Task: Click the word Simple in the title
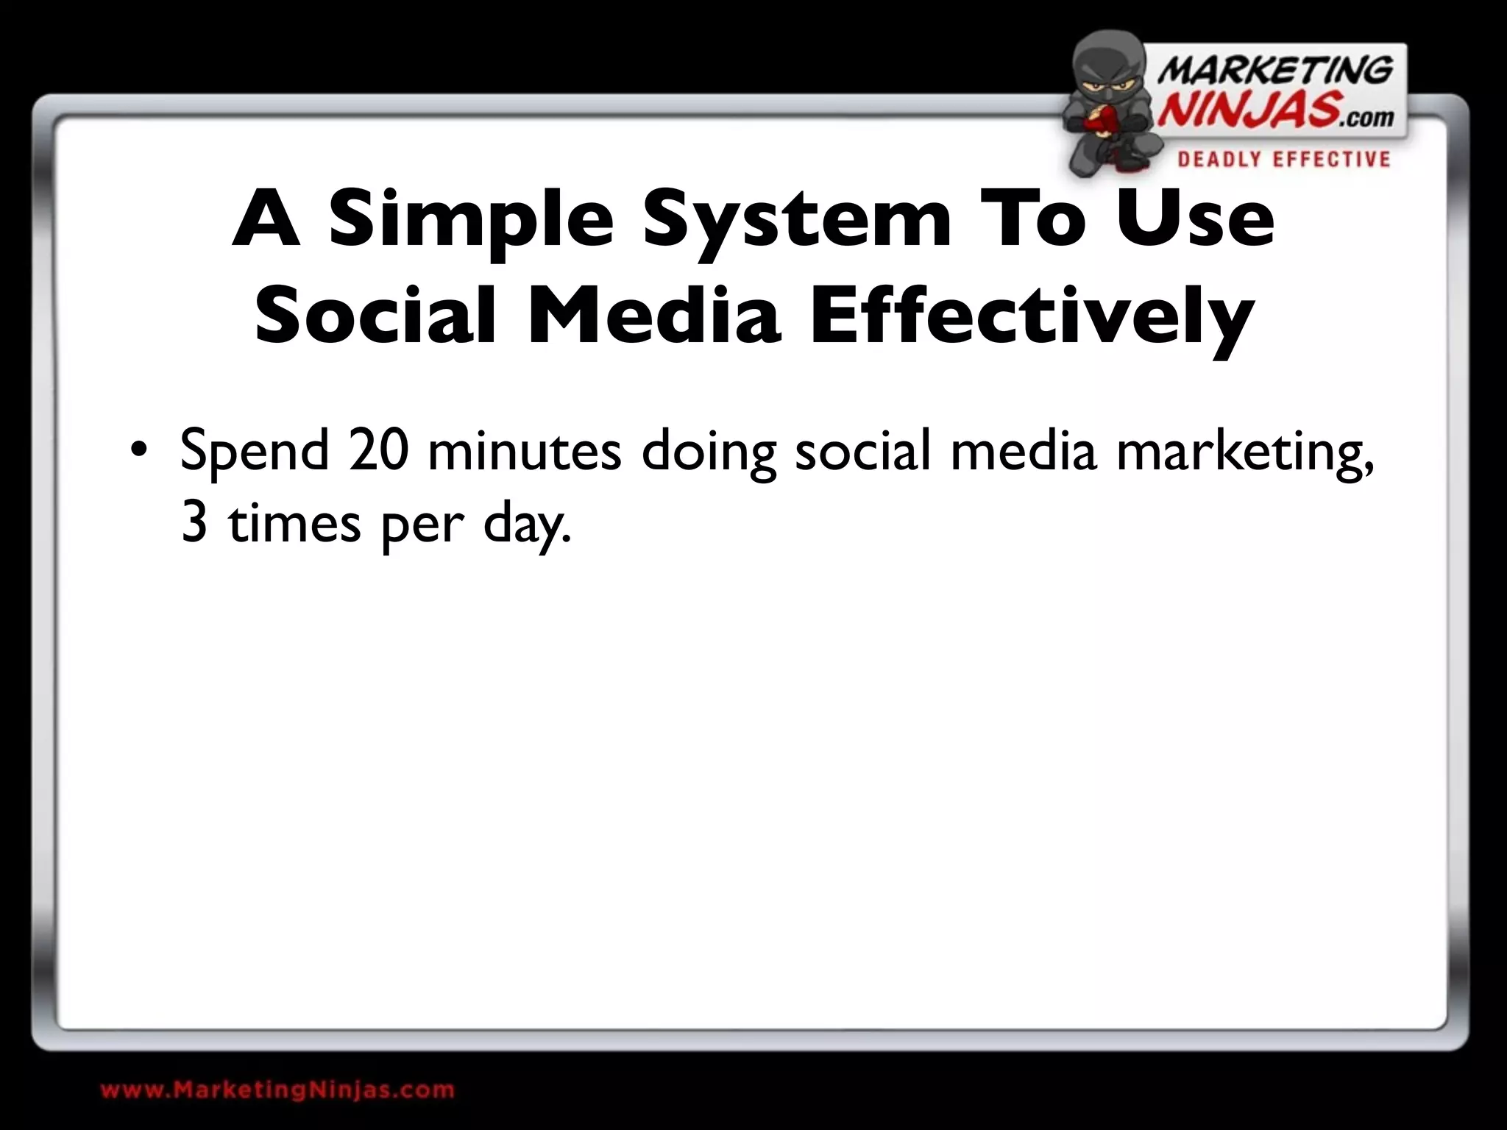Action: point(471,219)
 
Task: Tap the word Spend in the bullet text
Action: point(254,452)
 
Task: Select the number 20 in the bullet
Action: point(379,450)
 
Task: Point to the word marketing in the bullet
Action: point(1244,452)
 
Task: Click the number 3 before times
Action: point(194,524)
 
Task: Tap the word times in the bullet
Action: point(294,524)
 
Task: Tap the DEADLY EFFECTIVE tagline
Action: point(1283,160)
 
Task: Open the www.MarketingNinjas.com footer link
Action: point(277,1090)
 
